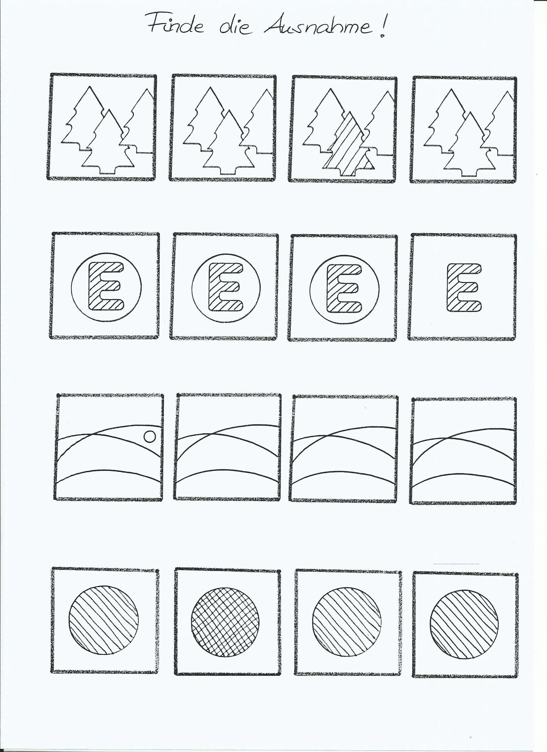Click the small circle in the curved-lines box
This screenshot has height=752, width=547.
[x=150, y=437]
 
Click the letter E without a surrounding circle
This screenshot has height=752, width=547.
[x=464, y=287]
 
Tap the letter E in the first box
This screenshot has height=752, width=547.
[x=106, y=286]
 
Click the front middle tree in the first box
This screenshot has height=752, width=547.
[x=108, y=142]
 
